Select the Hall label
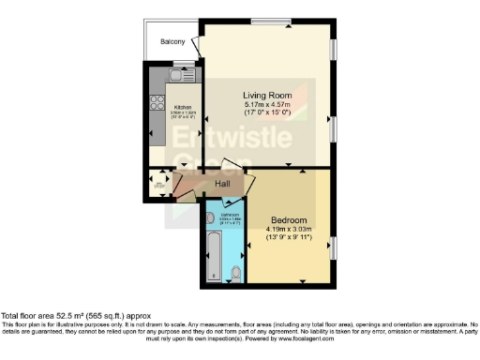click(x=223, y=184)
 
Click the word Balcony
click(x=172, y=42)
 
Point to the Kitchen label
click(x=183, y=107)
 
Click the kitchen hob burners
click(x=155, y=100)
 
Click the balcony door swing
click(x=194, y=45)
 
